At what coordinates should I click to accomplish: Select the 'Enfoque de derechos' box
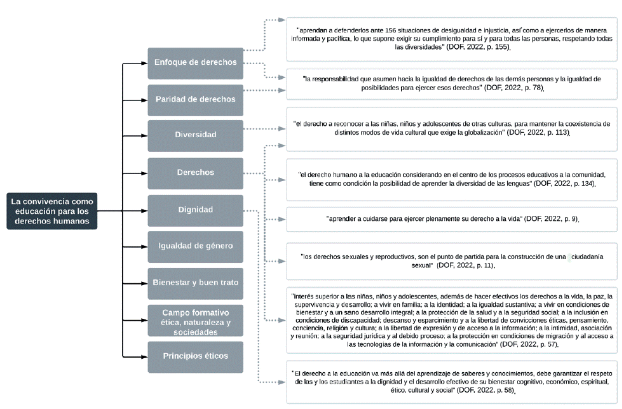point(195,63)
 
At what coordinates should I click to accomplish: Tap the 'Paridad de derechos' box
point(195,100)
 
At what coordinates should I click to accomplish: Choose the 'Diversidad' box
point(195,135)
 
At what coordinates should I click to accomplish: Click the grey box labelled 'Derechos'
point(195,173)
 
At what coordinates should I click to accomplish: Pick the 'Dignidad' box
point(195,210)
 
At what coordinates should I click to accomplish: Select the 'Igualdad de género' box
point(195,246)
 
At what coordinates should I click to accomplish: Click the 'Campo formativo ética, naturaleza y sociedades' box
point(195,321)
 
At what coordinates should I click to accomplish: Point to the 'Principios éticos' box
point(195,356)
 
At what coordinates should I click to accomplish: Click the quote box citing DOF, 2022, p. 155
point(452,39)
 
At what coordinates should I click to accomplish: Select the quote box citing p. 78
point(452,83)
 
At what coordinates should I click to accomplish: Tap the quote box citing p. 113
point(452,128)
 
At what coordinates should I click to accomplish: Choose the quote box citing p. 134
point(452,178)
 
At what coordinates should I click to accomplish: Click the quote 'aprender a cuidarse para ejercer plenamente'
point(452,219)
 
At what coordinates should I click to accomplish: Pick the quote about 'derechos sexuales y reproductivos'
point(452,260)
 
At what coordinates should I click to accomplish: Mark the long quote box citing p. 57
point(452,320)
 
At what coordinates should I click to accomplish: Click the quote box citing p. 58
point(452,381)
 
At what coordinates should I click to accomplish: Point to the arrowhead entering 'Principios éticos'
point(145,357)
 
